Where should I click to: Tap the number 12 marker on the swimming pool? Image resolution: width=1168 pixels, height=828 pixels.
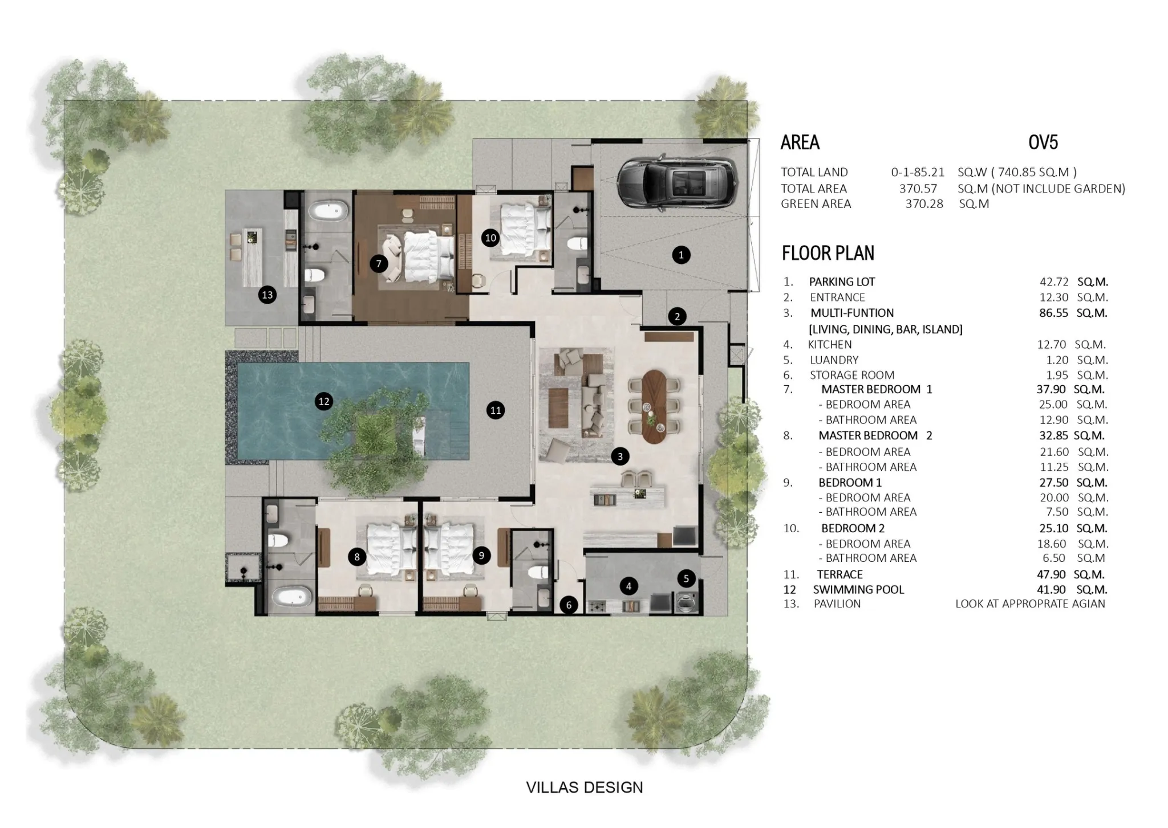pos(324,401)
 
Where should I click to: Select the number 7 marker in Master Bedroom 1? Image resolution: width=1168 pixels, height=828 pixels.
pos(378,263)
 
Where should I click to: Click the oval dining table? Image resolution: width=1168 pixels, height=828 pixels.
pos(654,406)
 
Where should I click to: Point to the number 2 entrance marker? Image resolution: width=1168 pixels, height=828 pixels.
pos(677,316)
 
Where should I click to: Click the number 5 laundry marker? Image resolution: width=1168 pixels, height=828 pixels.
pos(686,578)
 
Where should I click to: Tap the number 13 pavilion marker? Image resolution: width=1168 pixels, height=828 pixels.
pos(267,295)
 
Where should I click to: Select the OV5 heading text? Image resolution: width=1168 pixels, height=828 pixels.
pos(1043,142)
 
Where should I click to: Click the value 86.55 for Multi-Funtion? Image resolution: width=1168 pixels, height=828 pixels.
pos(1053,313)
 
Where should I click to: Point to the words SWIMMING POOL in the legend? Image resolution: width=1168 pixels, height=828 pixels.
pos(858,590)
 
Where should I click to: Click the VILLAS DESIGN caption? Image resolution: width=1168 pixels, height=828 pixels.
pos(585,788)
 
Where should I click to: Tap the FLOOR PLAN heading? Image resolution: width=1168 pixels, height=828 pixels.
pos(828,253)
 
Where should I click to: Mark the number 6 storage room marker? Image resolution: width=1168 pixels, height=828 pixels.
pos(569,605)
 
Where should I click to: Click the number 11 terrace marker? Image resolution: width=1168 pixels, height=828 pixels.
pos(495,410)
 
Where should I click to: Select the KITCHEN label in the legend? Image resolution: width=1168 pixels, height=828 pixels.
pos(830,345)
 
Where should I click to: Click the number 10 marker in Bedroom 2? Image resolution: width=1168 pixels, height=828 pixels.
pos(490,238)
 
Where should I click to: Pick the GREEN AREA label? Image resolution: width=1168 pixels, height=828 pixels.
pos(816,204)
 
